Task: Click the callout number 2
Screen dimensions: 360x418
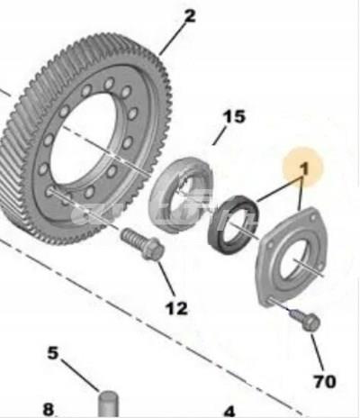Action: (190, 16)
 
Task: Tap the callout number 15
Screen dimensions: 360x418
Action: (234, 116)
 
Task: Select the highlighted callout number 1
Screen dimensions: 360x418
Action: (304, 168)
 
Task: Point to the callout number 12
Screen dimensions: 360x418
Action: (176, 308)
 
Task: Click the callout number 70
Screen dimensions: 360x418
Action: (325, 381)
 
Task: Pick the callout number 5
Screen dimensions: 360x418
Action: (53, 353)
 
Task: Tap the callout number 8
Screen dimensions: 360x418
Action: (49, 409)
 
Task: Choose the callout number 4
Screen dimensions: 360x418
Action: (229, 412)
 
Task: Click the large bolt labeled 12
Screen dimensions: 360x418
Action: (143, 244)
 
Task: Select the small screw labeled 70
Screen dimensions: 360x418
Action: (306, 321)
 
